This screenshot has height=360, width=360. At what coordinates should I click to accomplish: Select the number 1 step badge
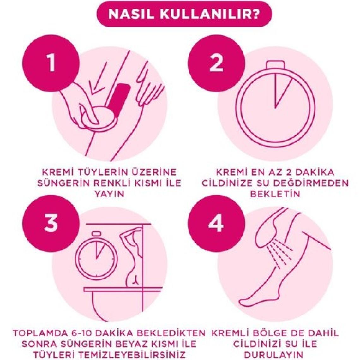pos(51,63)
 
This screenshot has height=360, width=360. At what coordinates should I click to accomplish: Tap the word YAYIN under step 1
pos(109,194)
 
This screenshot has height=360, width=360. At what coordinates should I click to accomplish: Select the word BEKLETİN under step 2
pos(275,194)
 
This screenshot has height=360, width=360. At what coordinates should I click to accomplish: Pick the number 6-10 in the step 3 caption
pos(108,333)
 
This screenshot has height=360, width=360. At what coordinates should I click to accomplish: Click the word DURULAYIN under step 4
pos(275,355)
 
